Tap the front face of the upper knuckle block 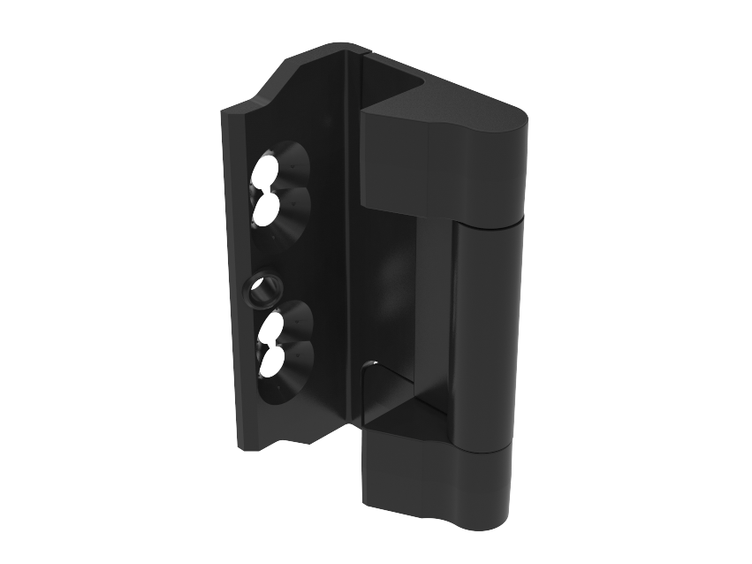(x=394, y=164)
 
